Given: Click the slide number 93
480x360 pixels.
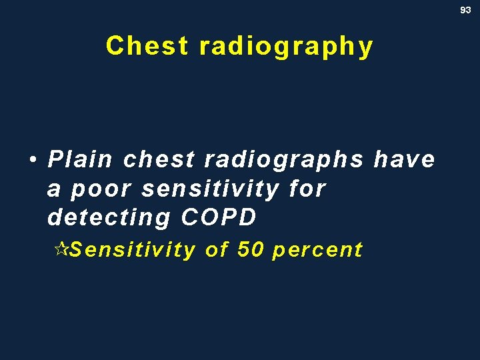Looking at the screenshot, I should click(466, 10).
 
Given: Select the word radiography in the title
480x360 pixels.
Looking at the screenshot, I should click(286, 47).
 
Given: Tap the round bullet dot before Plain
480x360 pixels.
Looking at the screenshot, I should click(32, 160).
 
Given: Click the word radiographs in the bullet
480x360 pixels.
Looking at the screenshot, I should click(284, 160).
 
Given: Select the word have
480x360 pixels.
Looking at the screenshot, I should click(404, 160).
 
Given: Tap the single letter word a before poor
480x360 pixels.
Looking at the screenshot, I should click(54, 190).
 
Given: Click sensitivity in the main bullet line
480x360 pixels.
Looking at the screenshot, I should click(211, 189).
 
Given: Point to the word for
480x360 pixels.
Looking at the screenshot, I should click(307, 189).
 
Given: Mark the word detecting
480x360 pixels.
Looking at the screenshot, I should click(109, 218).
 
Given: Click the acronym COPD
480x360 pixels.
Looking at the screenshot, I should click(218, 217).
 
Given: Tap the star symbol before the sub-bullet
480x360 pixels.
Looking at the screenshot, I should click(60, 250).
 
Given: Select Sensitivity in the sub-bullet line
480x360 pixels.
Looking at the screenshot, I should click(132, 250).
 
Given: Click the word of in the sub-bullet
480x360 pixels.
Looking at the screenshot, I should click(217, 250).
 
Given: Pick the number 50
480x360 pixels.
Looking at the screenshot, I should click(250, 250).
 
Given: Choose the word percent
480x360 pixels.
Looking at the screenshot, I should click(317, 251).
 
